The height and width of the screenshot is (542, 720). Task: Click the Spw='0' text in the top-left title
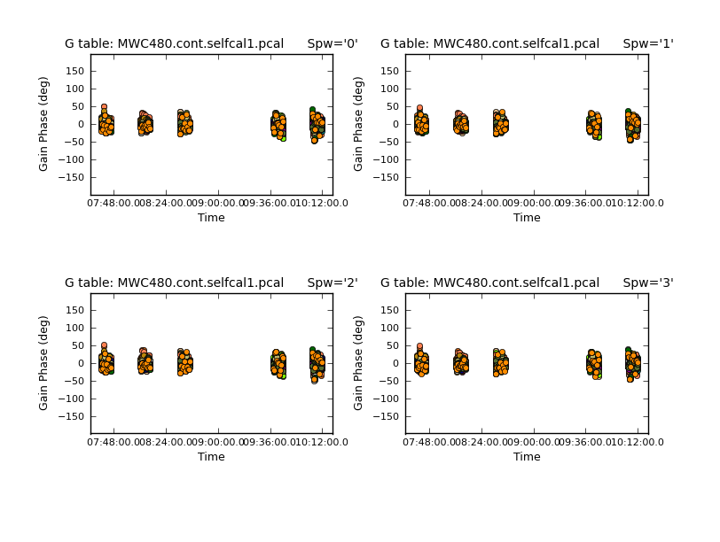click(333, 43)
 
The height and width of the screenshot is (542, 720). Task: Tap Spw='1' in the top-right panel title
click(648, 43)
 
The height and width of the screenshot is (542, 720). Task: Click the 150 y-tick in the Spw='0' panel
click(74, 71)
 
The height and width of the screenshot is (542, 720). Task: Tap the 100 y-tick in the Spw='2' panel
click(74, 328)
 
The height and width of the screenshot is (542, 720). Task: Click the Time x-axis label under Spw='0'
click(211, 218)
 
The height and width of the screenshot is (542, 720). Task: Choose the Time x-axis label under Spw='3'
click(527, 457)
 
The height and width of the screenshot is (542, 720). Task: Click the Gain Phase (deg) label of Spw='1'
click(359, 124)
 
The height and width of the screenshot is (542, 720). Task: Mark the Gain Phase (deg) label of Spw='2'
click(43, 362)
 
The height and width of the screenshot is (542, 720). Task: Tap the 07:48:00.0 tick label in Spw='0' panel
click(113, 203)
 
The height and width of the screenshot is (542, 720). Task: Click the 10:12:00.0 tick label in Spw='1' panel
click(637, 203)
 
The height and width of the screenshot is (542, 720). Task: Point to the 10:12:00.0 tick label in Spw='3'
click(637, 442)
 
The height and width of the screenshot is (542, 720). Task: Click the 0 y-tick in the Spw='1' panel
click(396, 124)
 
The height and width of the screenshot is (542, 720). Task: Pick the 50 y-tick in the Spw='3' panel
click(393, 345)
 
